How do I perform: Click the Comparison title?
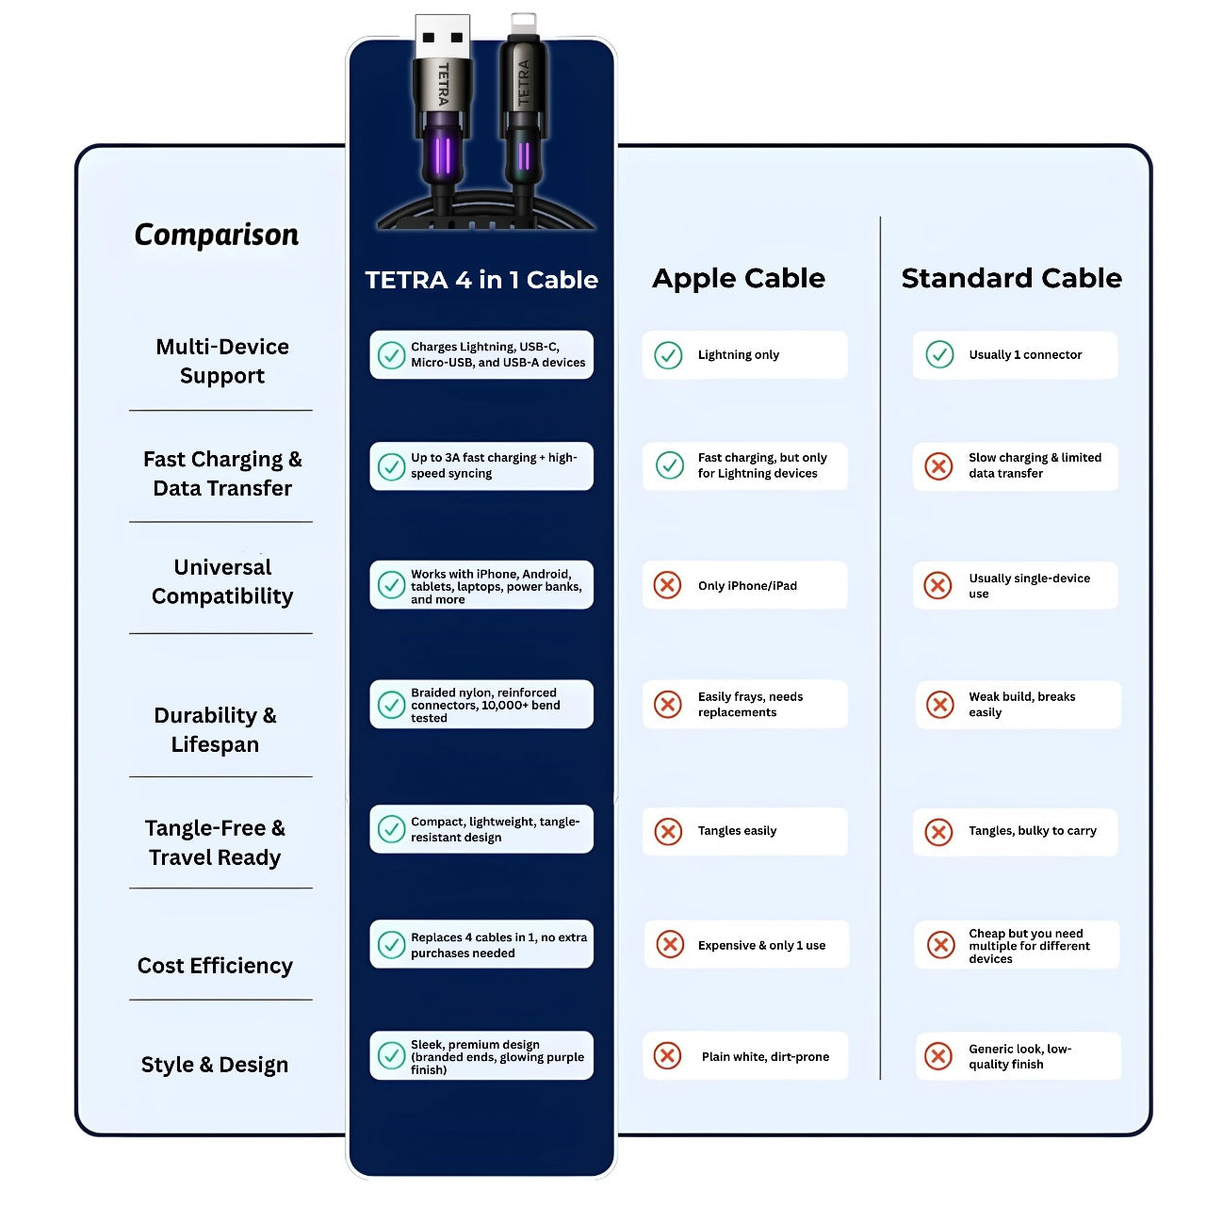(x=216, y=235)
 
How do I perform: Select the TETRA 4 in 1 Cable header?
(x=481, y=280)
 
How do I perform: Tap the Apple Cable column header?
(x=739, y=278)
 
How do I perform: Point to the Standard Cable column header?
(x=1011, y=278)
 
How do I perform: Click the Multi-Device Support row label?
(x=222, y=361)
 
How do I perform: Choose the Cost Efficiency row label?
(x=215, y=966)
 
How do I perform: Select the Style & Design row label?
(x=215, y=1065)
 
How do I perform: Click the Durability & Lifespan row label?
(x=215, y=729)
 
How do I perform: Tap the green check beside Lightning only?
(x=668, y=355)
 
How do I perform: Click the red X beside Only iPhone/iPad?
(x=667, y=585)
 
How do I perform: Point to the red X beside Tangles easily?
(x=668, y=831)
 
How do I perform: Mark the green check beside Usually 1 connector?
(x=939, y=354)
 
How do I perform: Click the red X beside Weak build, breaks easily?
(x=939, y=705)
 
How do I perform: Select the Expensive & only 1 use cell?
(x=746, y=945)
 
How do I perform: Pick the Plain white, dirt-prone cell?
(x=745, y=1056)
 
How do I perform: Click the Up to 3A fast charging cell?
(x=481, y=465)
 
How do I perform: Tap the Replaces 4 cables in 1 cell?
(x=481, y=945)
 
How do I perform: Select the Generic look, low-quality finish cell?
(x=1019, y=1056)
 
